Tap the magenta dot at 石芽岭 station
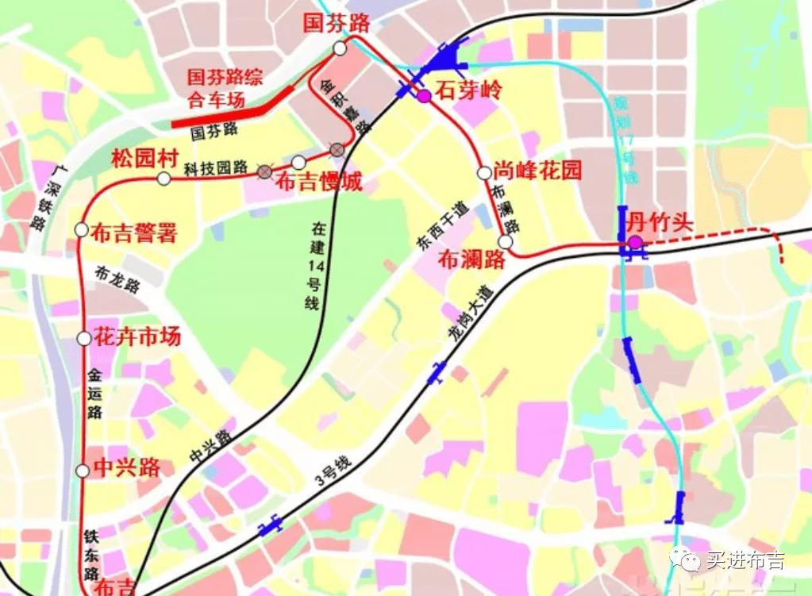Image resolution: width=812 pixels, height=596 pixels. coord(425,96)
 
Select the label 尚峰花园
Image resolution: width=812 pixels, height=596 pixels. coord(537,170)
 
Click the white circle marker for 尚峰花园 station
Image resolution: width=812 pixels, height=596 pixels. coord(483,172)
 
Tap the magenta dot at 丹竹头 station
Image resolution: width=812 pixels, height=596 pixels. coord(634,242)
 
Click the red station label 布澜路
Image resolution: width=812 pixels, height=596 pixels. coord(472,260)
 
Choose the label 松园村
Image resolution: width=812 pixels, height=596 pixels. coord(144,158)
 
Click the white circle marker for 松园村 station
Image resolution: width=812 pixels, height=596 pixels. coord(164,179)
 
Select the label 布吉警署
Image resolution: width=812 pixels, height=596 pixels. coord(133,233)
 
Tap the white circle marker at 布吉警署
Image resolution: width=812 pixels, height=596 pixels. coord(81,230)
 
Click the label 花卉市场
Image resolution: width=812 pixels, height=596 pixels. coord(137,336)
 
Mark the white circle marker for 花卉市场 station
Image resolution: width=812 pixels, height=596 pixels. coord(84,339)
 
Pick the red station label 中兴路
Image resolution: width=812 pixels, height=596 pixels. coord(127,467)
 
